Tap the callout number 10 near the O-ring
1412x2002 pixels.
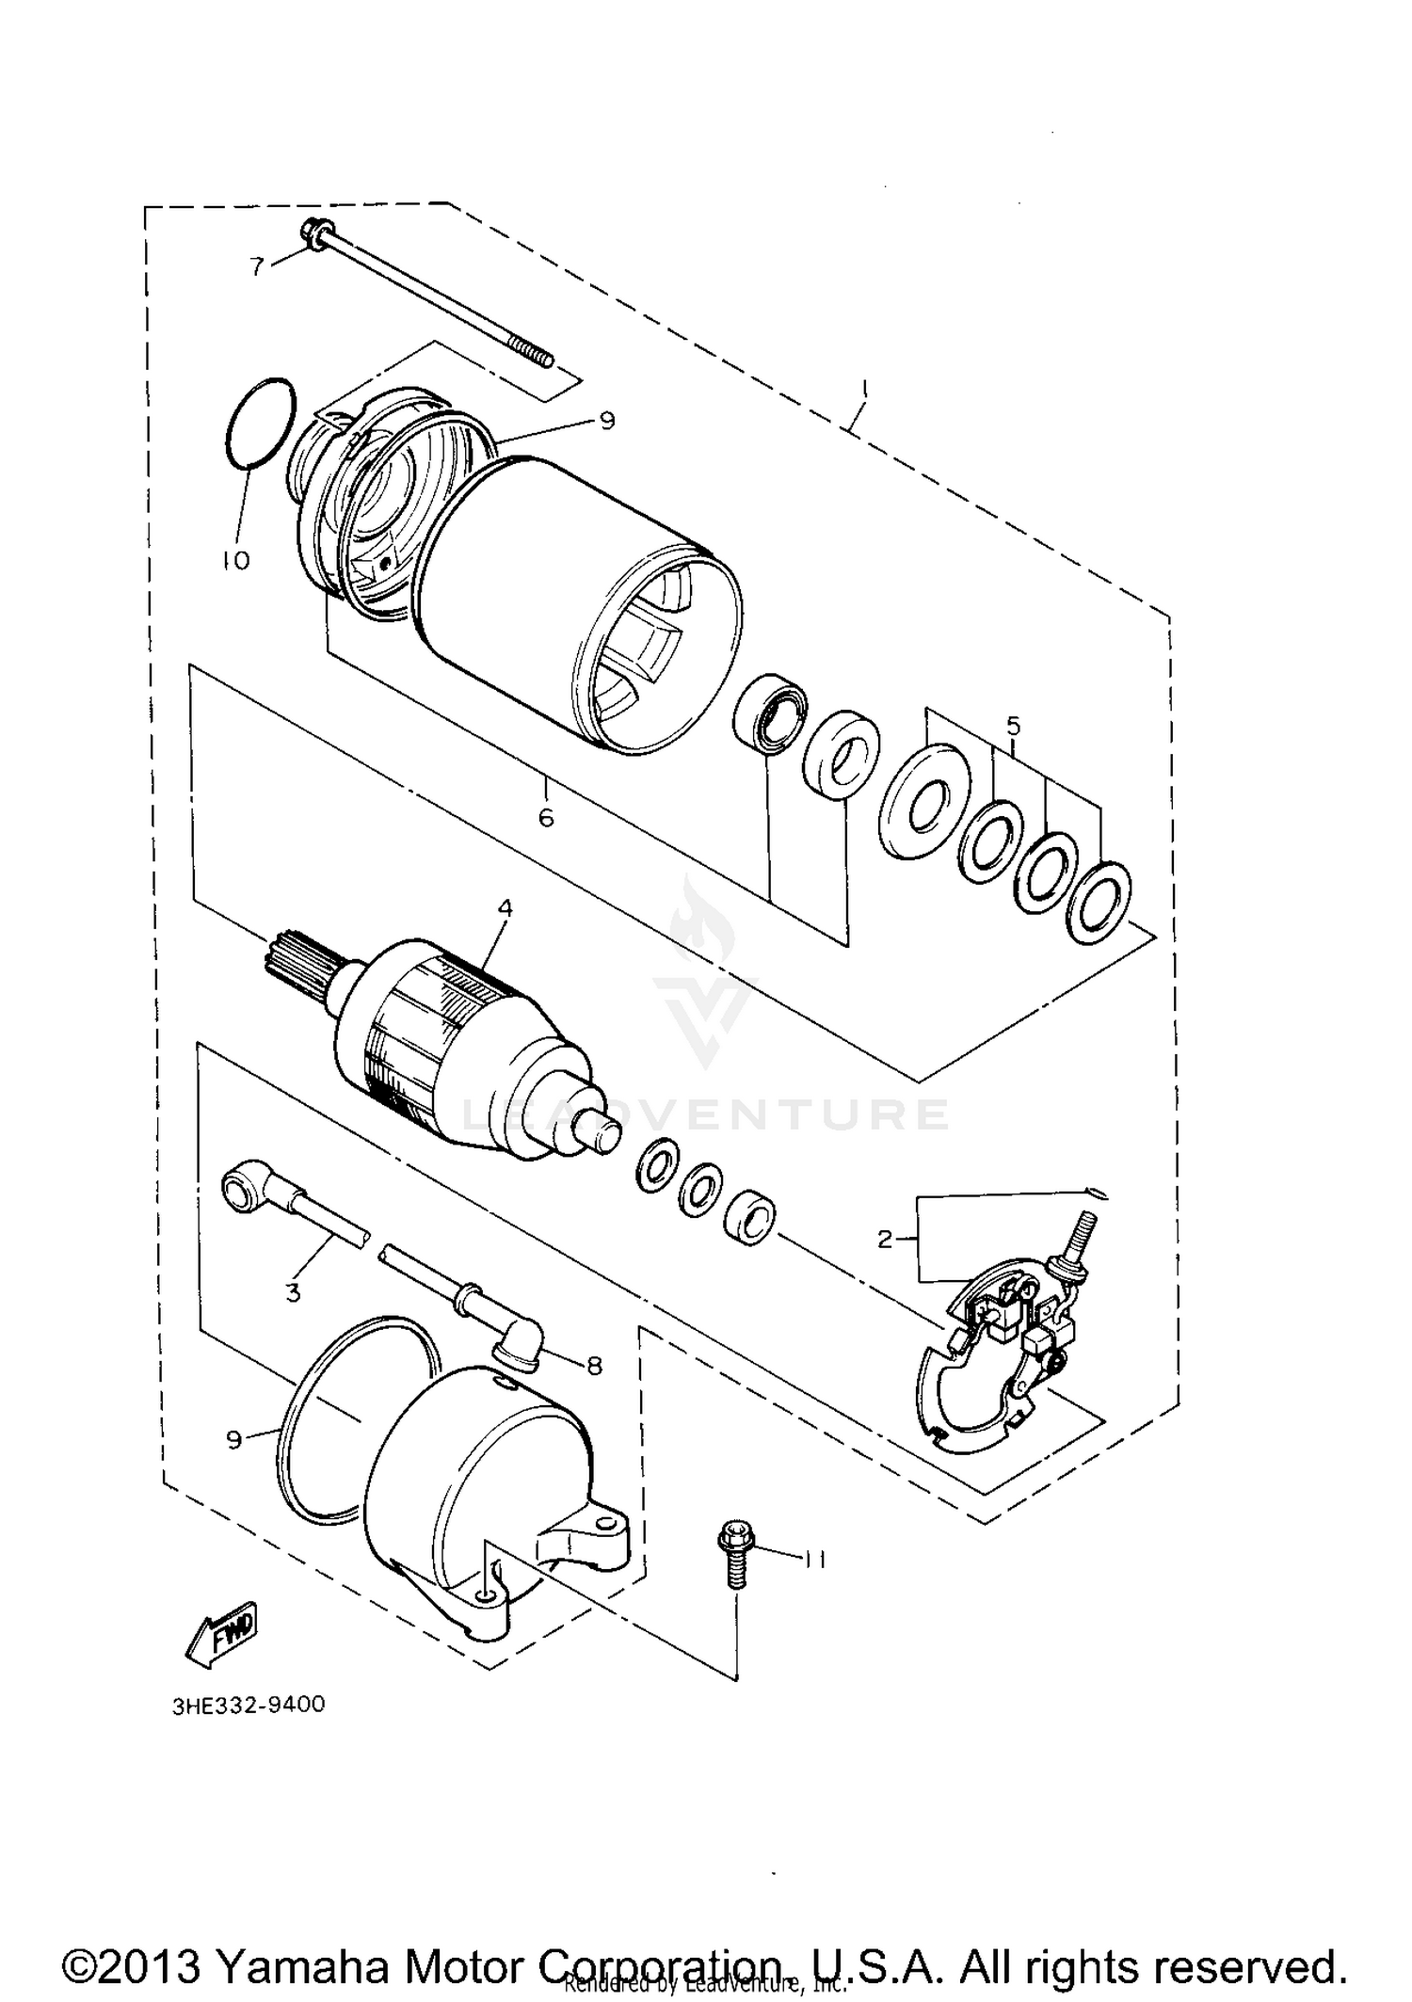click(235, 561)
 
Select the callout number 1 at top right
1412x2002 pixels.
click(865, 389)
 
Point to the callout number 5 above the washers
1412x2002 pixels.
click(1013, 726)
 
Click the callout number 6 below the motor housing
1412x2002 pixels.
click(546, 817)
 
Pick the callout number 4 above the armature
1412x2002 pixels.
click(505, 908)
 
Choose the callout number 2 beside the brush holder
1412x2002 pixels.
click(884, 1240)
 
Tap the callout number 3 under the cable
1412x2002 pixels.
click(293, 1292)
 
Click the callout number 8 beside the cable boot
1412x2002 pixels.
click(594, 1365)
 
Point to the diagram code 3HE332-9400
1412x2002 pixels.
click(249, 1705)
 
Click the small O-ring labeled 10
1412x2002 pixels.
click(261, 423)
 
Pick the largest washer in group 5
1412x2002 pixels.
click(923, 801)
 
